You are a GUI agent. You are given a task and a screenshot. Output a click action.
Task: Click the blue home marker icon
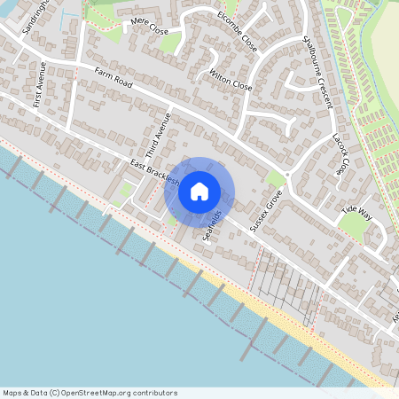[199, 191]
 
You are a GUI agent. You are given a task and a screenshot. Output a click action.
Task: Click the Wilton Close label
[231, 80]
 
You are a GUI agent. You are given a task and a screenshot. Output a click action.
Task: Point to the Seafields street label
[213, 227]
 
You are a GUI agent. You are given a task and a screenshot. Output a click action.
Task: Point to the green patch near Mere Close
[168, 42]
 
